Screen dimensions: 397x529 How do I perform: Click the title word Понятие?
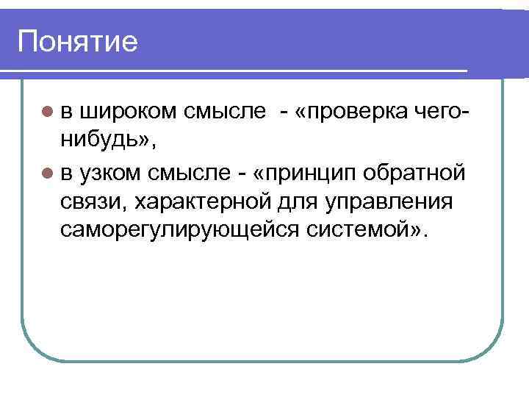[78, 42]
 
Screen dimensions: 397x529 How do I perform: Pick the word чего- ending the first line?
[441, 112]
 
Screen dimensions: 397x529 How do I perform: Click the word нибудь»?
[104, 140]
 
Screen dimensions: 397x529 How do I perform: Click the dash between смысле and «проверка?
[282, 112]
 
